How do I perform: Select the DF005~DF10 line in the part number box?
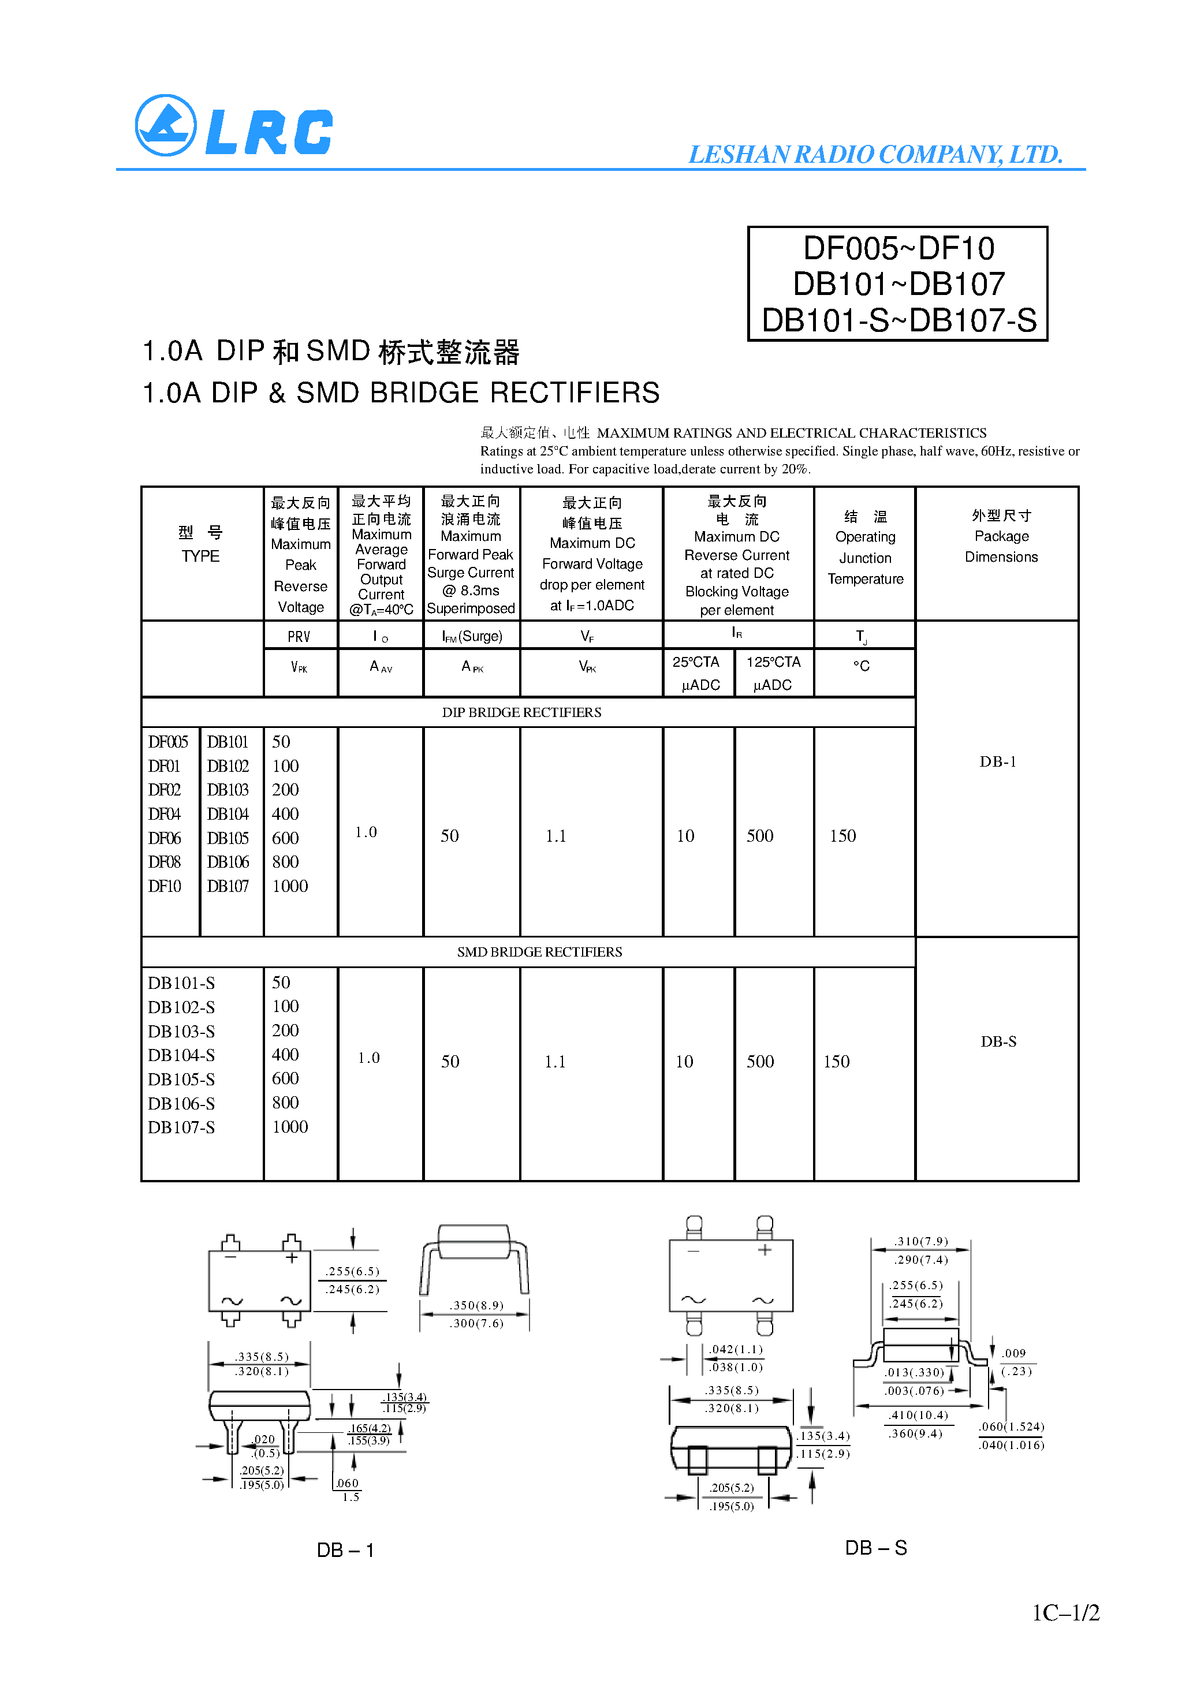click(898, 248)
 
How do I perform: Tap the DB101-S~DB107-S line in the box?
click(898, 320)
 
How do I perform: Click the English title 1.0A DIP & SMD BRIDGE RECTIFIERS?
click(401, 393)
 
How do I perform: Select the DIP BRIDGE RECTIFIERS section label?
click(521, 712)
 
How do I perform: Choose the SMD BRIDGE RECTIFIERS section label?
click(539, 952)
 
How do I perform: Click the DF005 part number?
click(167, 742)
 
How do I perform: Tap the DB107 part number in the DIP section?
click(228, 886)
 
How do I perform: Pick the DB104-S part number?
click(181, 1055)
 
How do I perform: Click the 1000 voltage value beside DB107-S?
click(290, 1127)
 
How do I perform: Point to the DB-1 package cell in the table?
click(997, 761)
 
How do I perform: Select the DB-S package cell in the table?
click(998, 1042)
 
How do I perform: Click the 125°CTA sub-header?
click(773, 662)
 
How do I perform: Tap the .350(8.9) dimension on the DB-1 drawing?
click(476, 1306)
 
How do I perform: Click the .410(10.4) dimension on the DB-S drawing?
click(918, 1416)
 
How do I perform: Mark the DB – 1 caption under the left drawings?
click(345, 1550)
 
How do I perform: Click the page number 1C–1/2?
click(1065, 1613)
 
